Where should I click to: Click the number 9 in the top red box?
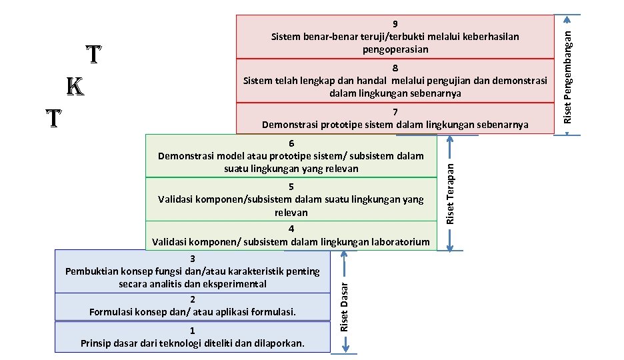point(395,23)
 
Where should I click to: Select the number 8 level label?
point(395,68)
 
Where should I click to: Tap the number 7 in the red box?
point(395,112)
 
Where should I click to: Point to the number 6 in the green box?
point(291,143)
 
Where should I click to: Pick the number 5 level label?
point(291,187)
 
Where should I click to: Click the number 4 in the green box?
point(291,229)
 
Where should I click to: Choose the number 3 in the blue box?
point(192,259)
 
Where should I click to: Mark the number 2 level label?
point(192,299)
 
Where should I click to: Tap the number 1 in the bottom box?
point(192,331)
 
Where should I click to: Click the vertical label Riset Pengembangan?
point(567,74)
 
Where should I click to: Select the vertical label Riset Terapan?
point(450,193)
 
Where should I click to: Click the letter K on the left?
point(75,87)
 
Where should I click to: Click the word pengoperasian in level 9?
point(395,49)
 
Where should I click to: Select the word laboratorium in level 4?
point(397,241)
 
